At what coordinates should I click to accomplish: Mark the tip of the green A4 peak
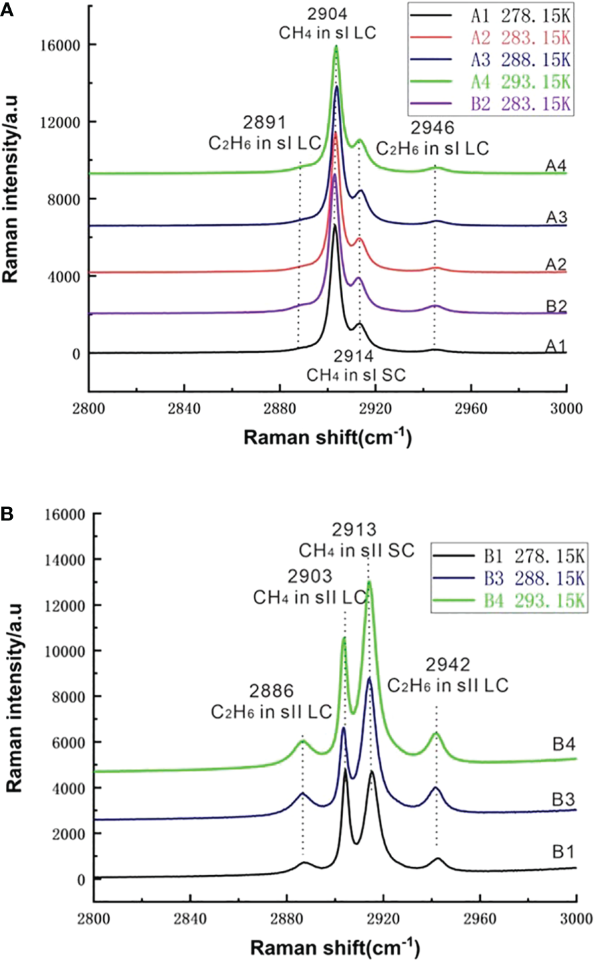tap(336, 46)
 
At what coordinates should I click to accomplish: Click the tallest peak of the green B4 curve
tap(369, 582)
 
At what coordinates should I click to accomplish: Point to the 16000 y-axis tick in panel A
tap(63, 45)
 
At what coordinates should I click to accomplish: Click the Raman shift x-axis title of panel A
tap(327, 438)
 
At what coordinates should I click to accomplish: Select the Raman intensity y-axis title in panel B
tap(15, 698)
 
